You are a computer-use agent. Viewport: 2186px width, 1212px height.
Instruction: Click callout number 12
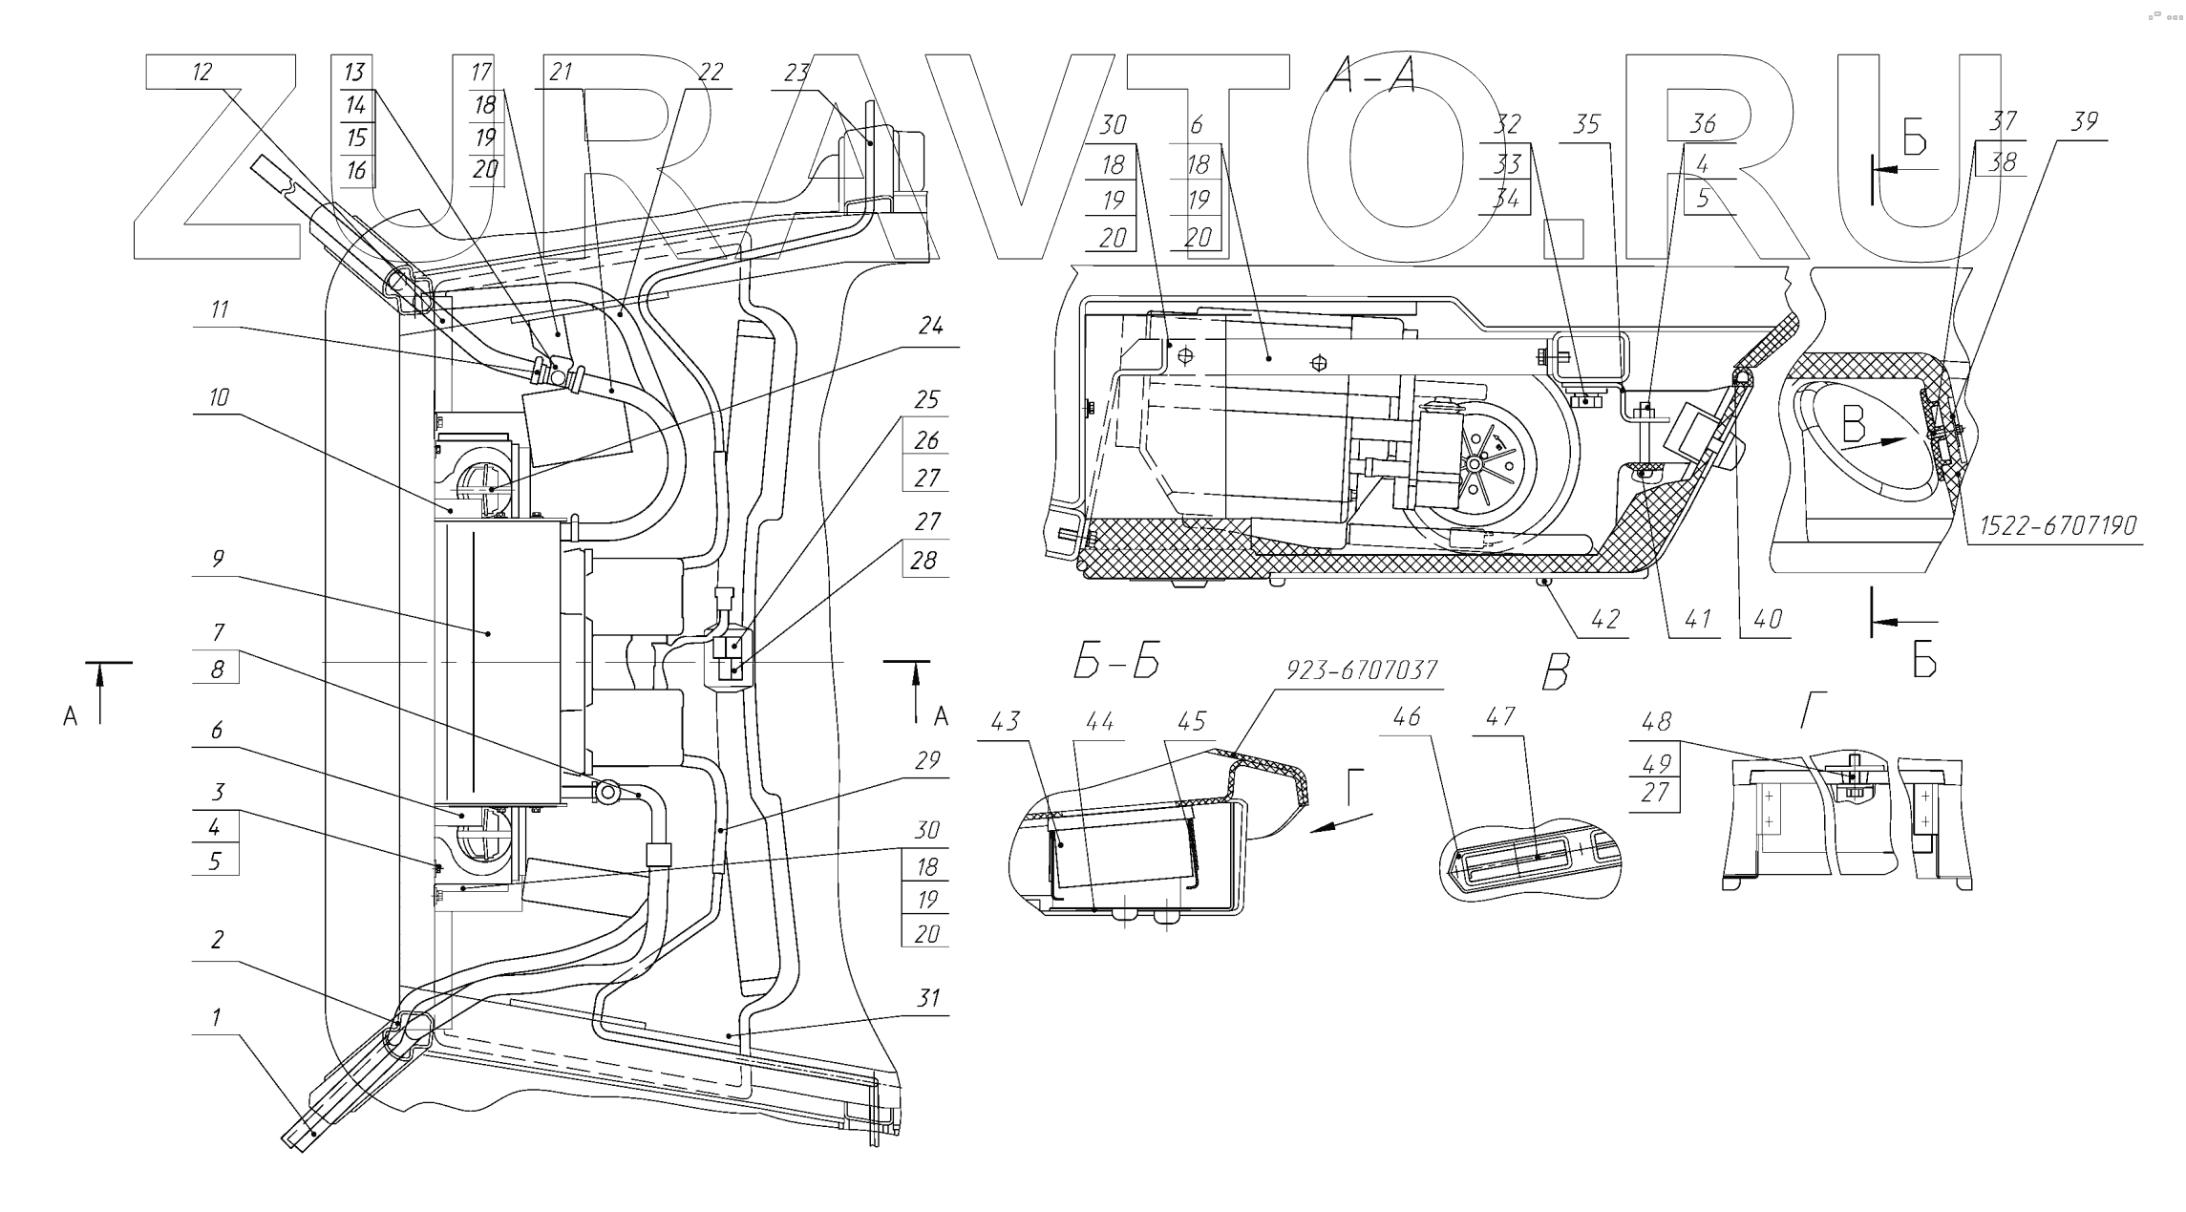202,73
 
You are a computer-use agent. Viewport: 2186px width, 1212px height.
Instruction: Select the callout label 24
930,327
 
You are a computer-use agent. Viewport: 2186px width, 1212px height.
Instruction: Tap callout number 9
218,559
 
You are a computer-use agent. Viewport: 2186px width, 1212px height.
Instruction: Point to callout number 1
216,1018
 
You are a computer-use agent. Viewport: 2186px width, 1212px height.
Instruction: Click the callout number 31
927,999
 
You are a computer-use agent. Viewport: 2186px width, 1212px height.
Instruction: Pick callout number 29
927,760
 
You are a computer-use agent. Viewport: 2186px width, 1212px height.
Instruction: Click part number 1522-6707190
2057,526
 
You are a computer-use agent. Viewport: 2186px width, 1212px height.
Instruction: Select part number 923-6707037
1361,670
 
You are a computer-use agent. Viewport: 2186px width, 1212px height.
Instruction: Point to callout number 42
1605,620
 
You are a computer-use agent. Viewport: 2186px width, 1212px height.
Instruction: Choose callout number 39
2084,122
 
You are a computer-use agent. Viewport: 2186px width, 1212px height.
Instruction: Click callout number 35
1586,125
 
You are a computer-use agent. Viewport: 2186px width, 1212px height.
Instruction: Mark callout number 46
1406,716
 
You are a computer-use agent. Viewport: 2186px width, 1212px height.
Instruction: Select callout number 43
1005,722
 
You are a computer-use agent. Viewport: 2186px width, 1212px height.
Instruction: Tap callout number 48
1656,722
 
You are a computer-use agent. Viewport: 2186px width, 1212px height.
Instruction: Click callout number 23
796,73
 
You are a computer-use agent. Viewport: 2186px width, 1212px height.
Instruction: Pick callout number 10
219,397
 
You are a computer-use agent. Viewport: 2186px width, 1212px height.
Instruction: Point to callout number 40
1768,620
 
